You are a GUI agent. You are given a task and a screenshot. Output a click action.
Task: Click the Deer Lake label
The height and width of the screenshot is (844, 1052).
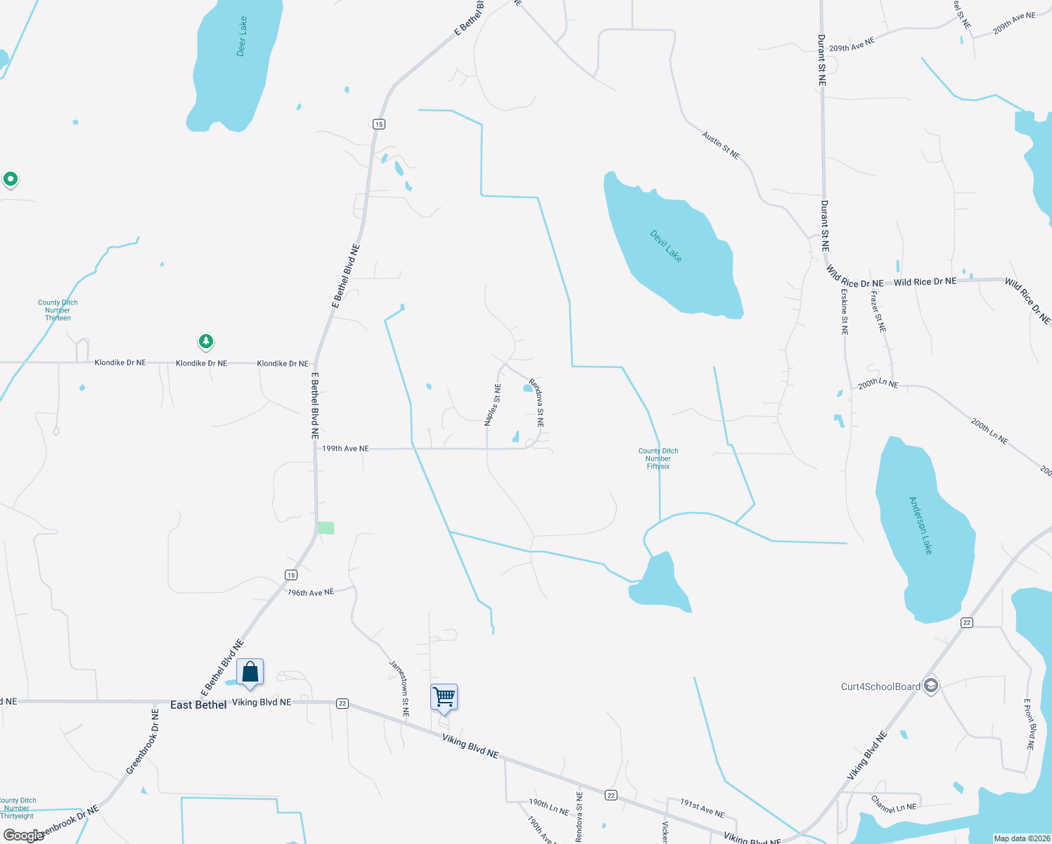(x=242, y=37)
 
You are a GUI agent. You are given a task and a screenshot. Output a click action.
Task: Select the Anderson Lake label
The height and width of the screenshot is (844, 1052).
(x=920, y=525)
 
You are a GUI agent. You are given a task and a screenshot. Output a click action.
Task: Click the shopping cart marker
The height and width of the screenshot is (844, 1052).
(x=444, y=697)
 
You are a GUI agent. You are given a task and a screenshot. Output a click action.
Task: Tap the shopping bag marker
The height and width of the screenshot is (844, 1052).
(x=250, y=672)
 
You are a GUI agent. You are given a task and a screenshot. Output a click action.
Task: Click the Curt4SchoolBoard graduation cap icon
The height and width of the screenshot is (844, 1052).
(x=931, y=686)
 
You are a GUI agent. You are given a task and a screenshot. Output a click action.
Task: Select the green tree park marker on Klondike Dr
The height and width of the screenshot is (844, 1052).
(x=205, y=342)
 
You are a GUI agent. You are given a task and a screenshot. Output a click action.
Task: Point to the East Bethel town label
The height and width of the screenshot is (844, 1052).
(x=198, y=705)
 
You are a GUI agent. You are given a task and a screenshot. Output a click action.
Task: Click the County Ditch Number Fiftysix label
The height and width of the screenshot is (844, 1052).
(x=658, y=459)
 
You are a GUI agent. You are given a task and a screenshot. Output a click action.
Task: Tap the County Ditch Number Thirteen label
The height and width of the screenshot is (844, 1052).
(x=58, y=310)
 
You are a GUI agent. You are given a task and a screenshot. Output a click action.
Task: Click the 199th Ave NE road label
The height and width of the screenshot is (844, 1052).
(x=345, y=448)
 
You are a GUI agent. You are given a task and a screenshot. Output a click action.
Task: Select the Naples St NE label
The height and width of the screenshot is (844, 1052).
(x=492, y=405)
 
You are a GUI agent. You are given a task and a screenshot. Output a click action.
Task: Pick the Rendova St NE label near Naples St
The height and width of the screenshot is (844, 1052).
(x=537, y=403)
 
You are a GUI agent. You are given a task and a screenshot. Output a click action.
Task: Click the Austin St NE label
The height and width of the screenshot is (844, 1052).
(x=721, y=144)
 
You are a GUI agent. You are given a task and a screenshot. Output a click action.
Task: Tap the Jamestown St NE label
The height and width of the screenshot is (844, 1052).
(x=399, y=688)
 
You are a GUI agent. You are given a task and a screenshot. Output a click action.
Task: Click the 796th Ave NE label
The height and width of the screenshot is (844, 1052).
(x=311, y=592)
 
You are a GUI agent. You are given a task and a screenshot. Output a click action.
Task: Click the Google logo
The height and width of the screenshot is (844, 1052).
(x=23, y=836)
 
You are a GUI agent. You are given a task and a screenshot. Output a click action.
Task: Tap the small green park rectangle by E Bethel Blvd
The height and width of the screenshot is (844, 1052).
(x=326, y=527)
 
